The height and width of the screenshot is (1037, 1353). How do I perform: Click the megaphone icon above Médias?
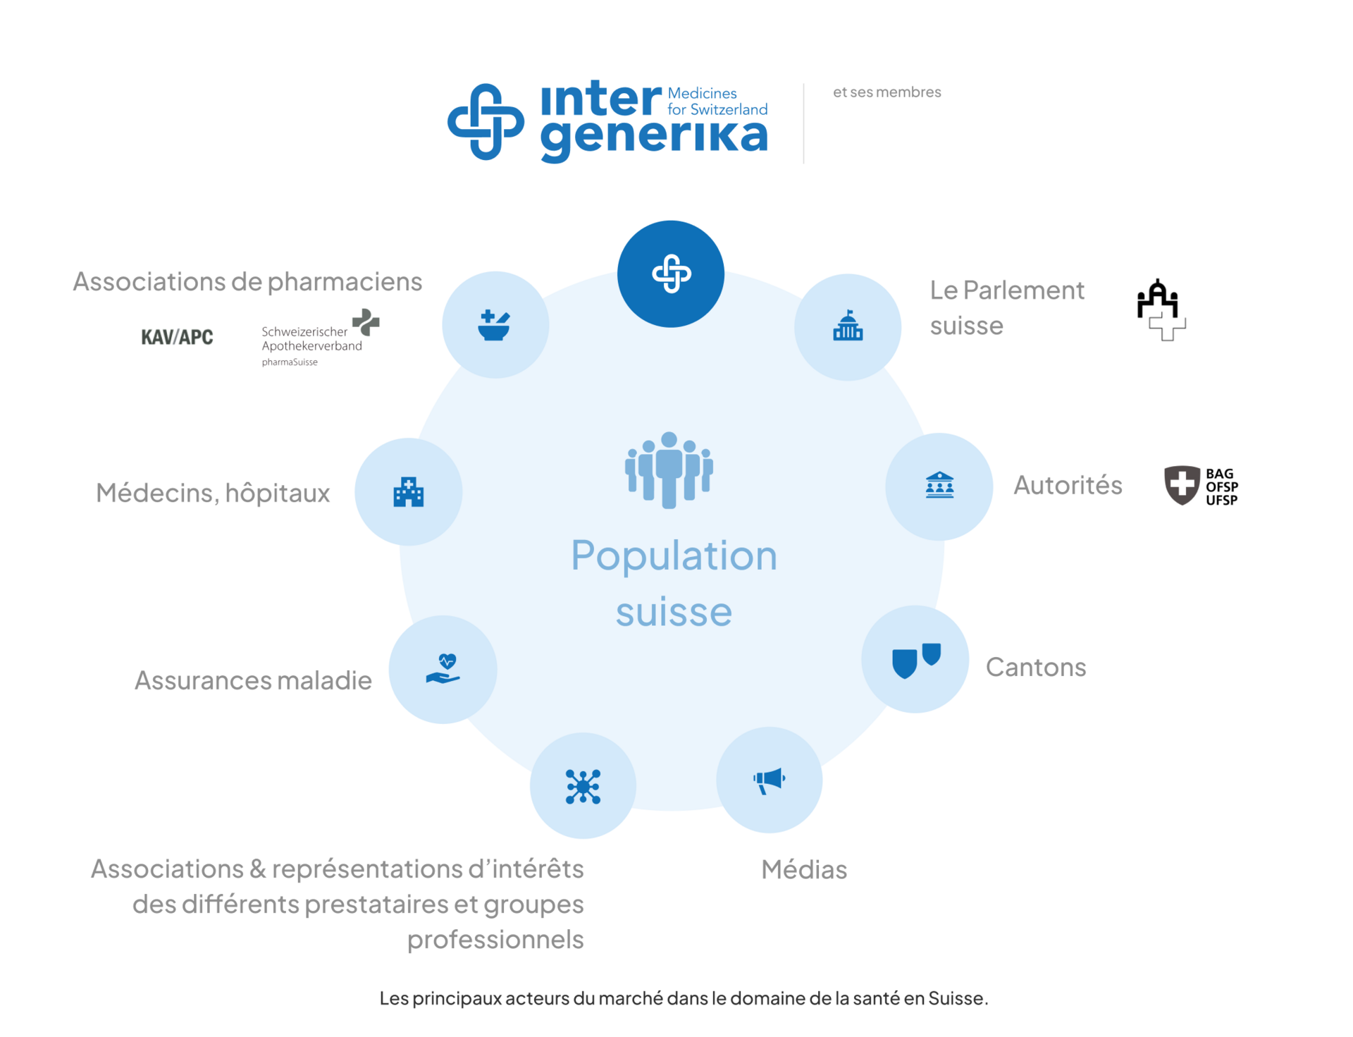769,780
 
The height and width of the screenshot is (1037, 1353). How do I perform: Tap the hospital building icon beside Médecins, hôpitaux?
409,492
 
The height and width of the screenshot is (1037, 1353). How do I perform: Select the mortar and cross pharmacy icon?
495,325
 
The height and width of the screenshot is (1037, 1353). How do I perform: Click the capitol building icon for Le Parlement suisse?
848,326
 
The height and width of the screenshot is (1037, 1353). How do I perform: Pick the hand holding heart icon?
443,669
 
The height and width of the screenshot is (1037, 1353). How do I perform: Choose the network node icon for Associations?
583,786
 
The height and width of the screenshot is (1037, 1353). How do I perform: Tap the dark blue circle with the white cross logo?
671,274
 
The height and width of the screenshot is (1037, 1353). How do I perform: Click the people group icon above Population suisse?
669,470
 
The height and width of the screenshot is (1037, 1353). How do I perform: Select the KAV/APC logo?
177,337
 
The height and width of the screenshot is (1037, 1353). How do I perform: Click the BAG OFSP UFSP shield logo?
1201,486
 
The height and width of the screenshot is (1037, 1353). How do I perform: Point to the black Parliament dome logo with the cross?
1161,310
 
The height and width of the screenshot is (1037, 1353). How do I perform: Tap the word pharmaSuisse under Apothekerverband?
290,362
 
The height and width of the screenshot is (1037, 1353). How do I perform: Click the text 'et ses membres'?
886,92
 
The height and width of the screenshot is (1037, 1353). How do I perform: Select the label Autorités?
1068,485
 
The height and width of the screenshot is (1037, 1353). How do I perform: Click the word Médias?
804,869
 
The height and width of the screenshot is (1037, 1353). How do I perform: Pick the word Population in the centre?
674,556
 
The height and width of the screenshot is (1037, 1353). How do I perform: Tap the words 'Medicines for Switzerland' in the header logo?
717,102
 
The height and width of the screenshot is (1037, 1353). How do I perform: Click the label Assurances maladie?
253,680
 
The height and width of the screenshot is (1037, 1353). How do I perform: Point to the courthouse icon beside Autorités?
939,486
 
